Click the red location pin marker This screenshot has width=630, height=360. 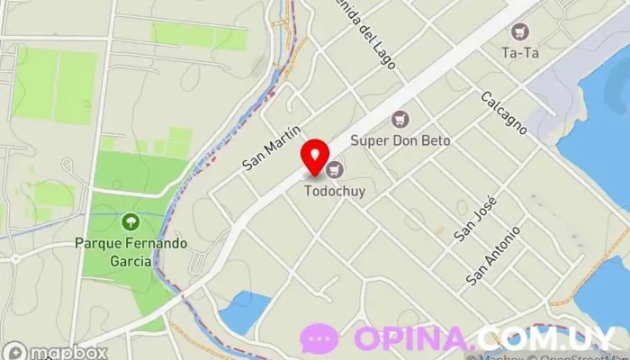(x=314, y=157)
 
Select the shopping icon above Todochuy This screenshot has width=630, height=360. (x=336, y=168)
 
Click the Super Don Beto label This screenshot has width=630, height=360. (x=400, y=140)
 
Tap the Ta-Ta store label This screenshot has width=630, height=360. (x=519, y=52)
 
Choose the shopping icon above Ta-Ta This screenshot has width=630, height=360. (x=519, y=31)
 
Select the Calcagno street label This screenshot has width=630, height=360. (x=502, y=112)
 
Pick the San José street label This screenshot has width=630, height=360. (x=474, y=219)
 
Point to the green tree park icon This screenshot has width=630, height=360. (x=131, y=221)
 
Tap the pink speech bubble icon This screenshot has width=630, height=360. (x=319, y=339)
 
